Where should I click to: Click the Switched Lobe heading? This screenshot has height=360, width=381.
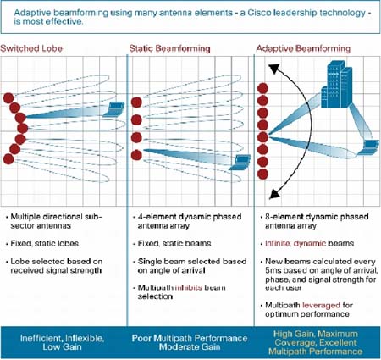pyautogui.click(x=31, y=48)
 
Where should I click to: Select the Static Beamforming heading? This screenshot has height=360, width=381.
pyautogui.click(x=169, y=48)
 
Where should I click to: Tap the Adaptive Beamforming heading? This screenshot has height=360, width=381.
pyautogui.click(x=303, y=48)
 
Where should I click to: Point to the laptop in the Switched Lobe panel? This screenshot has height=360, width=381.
pyautogui.click(x=113, y=109)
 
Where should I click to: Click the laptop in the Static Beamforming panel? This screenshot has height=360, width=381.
pyautogui.click(x=240, y=163)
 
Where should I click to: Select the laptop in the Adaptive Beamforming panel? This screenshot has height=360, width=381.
pyautogui.click(x=367, y=147)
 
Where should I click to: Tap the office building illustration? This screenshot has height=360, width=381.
pyautogui.click(x=337, y=86)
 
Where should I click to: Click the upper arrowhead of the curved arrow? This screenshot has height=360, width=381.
pyautogui.click(x=273, y=69)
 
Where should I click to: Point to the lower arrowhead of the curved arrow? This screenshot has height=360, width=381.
pyautogui.click(x=274, y=194)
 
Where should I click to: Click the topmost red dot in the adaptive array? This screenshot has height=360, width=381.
pyautogui.click(x=262, y=88)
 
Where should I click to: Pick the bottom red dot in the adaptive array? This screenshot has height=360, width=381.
pyautogui.click(x=262, y=174)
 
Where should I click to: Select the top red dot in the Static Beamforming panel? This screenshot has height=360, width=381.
pyautogui.click(x=136, y=102)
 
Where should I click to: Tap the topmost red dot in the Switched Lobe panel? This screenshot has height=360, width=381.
pyautogui.click(x=8, y=98)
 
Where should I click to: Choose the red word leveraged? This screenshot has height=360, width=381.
pyautogui.click(x=321, y=305)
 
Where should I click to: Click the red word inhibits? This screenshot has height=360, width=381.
pyautogui.click(x=189, y=288)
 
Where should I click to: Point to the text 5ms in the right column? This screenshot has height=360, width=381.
pyautogui.click(x=273, y=270)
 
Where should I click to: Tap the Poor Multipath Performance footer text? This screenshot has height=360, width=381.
pyautogui.click(x=190, y=338)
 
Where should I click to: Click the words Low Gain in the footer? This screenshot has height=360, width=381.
pyautogui.click(x=62, y=347)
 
